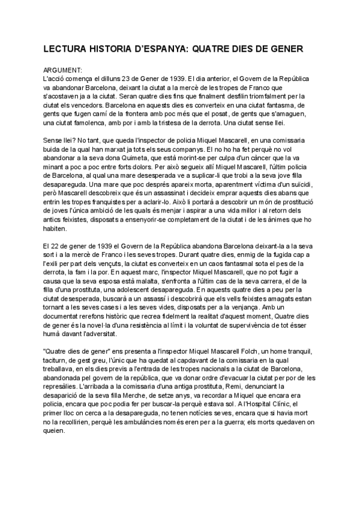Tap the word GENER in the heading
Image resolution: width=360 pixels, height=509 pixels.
(x=286, y=46)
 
